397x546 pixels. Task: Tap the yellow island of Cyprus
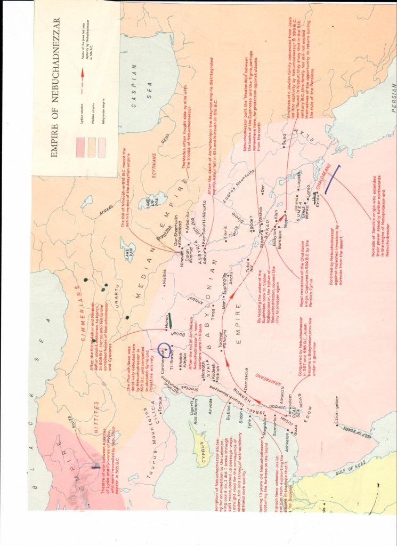pos(200,442)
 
